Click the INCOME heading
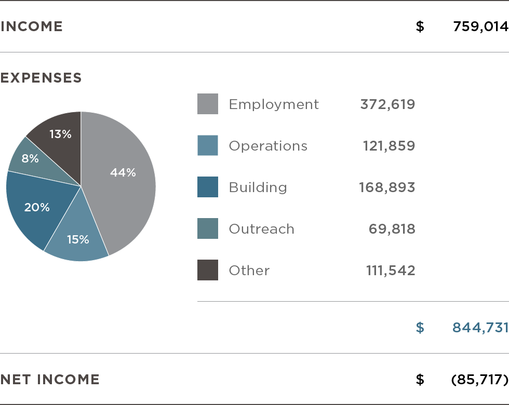pyautogui.click(x=32, y=26)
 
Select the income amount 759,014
pyautogui.click(x=480, y=26)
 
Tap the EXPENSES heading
pyautogui.click(x=41, y=78)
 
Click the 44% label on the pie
pyautogui.click(x=123, y=173)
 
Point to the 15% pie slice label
pyautogui.click(x=78, y=239)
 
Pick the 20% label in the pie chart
pyautogui.click(x=37, y=207)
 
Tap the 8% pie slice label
pyautogui.click(x=30, y=158)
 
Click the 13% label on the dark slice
pyautogui.click(x=60, y=134)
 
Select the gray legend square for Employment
pyautogui.click(x=208, y=104)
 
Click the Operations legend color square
pyautogui.click(x=208, y=145)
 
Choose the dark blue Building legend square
pyautogui.click(x=208, y=187)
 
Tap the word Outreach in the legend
pyautogui.click(x=261, y=229)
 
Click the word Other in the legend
pyautogui.click(x=249, y=271)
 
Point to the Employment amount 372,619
pyautogui.click(x=387, y=104)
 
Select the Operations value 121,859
pyautogui.click(x=389, y=146)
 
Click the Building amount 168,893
pyautogui.click(x=387, y=187)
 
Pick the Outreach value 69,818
pyautogui.click(x=392, y=229)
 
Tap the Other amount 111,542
pyautogui.click(x=391, y=271)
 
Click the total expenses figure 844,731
pyautogui.click(x=480, y=328)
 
